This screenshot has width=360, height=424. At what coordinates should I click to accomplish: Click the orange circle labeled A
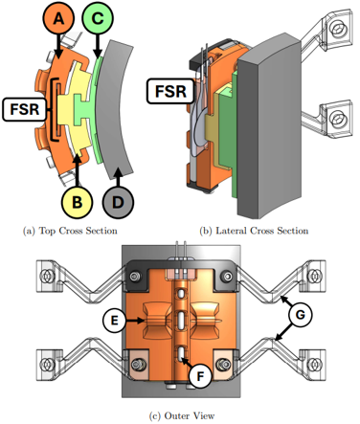coord(57,18)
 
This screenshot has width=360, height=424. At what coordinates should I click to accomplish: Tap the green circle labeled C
coord(98,18)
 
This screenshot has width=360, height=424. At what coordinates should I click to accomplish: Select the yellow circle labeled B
coord(77,202)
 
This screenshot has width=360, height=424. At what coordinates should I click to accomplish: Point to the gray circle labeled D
coord(118,202)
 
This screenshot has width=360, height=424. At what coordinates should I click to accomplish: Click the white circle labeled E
coord(114,321)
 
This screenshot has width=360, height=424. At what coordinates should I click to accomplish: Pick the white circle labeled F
coord(200,376)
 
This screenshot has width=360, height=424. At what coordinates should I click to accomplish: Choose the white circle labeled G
coord(301,315)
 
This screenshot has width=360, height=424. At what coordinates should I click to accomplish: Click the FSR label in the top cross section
coord(25,109)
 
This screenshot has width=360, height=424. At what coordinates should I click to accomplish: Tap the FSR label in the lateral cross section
coord(170,91)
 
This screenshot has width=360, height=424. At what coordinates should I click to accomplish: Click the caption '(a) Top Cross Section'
coord(70,231)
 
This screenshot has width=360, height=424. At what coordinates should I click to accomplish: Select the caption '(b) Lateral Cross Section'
coord(254,231)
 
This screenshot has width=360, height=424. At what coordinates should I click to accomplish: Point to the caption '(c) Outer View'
coord(182,415)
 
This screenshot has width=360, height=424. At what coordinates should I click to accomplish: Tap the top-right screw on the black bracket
coord(227,276)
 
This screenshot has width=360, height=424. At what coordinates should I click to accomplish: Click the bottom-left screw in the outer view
coord(138,364)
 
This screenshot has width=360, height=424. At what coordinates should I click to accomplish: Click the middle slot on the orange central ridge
coord(181,320)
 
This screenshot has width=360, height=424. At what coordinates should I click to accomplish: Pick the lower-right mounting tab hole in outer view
coord(314,364)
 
